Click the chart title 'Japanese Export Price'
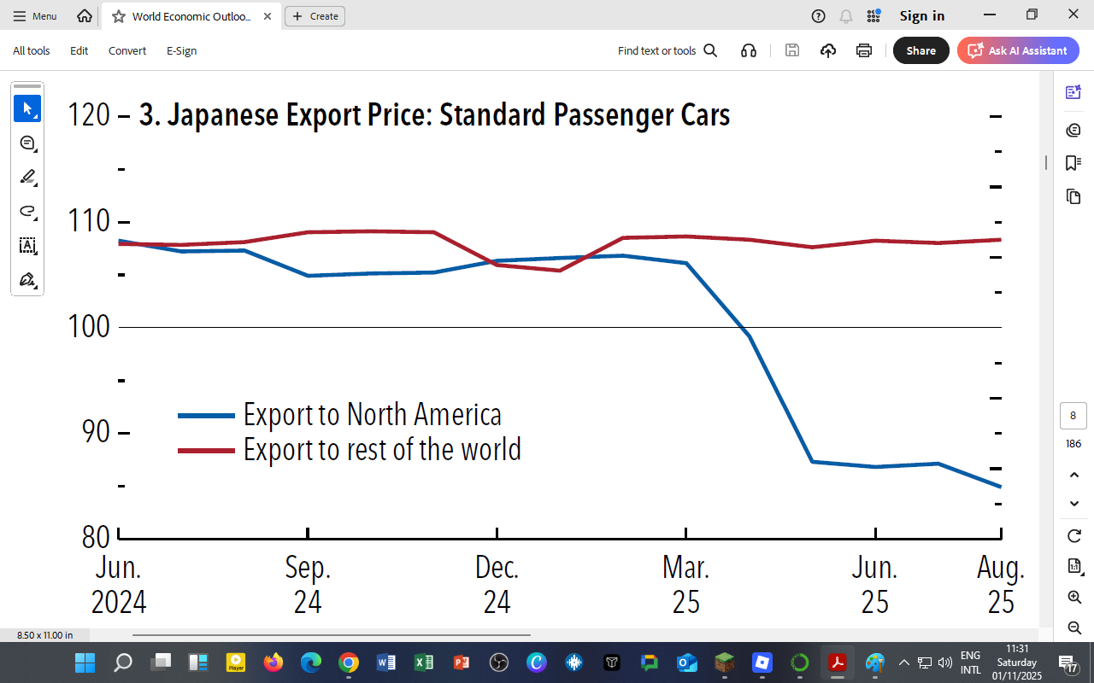coord(434,115)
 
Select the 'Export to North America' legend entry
coord(372,415)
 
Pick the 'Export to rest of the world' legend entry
coord(381,449)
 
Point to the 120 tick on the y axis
coord(90,115)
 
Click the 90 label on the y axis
coord(97,432)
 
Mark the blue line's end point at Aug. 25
coord(1000,487)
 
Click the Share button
coord(920,50)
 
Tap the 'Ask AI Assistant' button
coord(1018,50)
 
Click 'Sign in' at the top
coord(921,15)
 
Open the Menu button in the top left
coord(35,15)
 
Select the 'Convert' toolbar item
coord(127,50)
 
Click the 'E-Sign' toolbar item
coord(181,50)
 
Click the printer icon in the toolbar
coord(864,50)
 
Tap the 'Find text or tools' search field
coord(667,50)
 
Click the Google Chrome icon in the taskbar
coord(348,663)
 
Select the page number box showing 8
coord(1073,416)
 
